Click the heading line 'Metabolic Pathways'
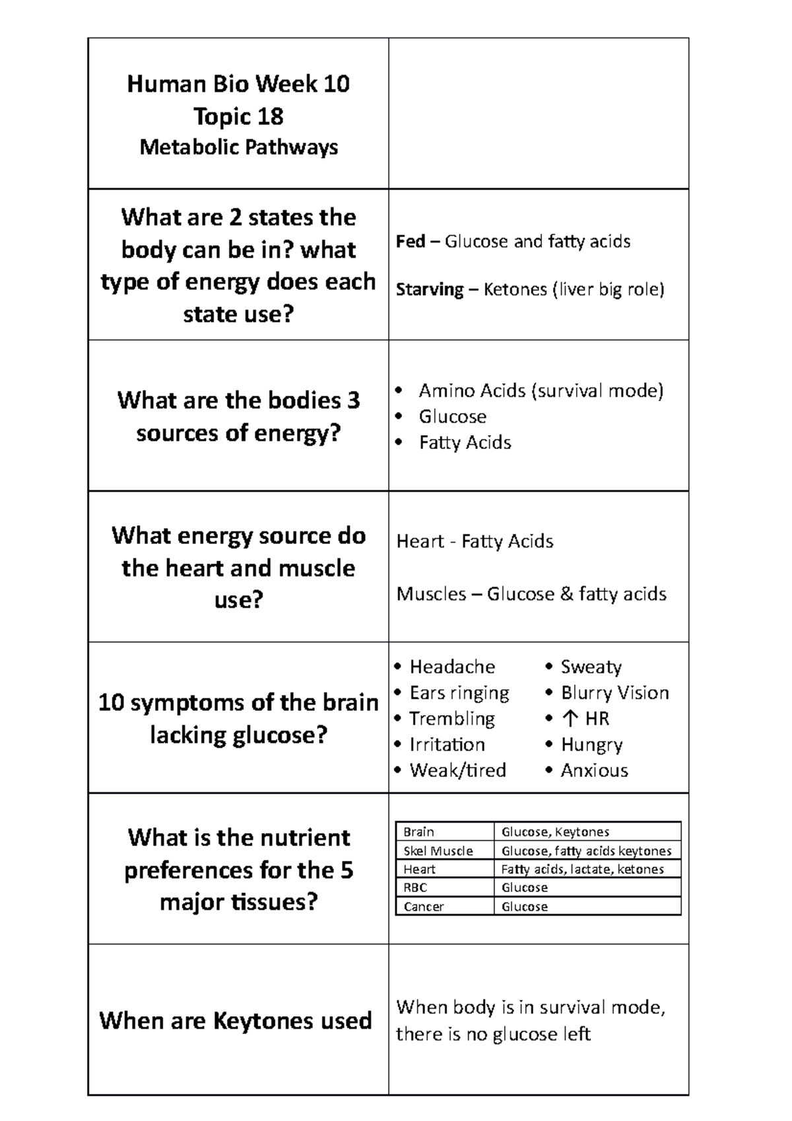point(238,147)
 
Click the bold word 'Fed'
point(410,242)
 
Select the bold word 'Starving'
point(430,290)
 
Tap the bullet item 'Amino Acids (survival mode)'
point(541,391)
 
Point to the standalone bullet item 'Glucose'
point(452,417)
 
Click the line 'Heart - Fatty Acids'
point(475,541)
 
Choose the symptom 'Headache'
point(452,667)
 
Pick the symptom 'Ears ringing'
point(459,693)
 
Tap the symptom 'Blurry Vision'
point(614,693)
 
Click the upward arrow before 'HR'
point(572,718)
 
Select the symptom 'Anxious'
point(594,770)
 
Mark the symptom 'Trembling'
point(452,718)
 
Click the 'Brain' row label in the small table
point(418,832)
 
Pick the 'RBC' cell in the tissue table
point(415,888)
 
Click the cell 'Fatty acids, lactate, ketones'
point(582,869)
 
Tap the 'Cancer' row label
point(423,906)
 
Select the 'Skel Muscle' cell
point(438,851)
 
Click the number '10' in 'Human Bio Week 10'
point(337,84)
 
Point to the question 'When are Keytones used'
point(236,1021)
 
